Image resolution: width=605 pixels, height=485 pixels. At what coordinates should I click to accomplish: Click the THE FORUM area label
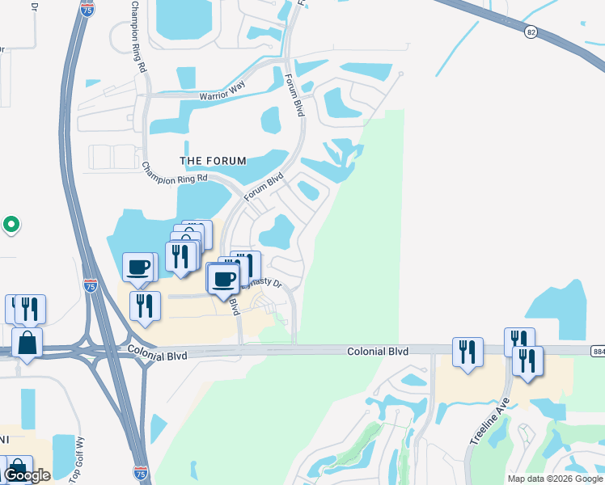[x=213, y=161]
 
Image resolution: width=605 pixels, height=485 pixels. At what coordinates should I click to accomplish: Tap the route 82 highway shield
[x=531, y=32]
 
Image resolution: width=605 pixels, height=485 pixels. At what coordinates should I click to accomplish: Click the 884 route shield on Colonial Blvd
[x=597, y=351]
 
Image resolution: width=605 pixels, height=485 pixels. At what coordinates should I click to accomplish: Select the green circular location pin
[x=11, y=224]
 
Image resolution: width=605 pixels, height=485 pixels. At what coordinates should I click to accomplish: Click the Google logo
[x=26, y=476]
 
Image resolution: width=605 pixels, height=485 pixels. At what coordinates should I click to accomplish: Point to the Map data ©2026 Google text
[x=555, y=479]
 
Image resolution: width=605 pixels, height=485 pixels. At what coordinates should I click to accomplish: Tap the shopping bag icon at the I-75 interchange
[x=27, y=343]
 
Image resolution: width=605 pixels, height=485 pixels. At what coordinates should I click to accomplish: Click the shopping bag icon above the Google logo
[x=18, y=466]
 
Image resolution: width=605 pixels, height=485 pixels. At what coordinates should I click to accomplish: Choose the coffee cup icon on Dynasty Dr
[x=223, y=279]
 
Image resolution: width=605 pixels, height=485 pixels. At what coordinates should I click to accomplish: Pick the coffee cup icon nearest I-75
[x=138, y=266]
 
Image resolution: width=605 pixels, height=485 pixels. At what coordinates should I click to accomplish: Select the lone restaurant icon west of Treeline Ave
[x=467, y=352]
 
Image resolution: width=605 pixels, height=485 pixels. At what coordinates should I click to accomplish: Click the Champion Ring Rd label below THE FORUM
[x=175, y=173]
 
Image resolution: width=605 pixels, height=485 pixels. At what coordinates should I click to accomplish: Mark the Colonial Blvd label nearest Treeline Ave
[x=377, y=352]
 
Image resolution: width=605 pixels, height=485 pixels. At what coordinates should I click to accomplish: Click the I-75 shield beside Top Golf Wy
[x=141, y=470]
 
